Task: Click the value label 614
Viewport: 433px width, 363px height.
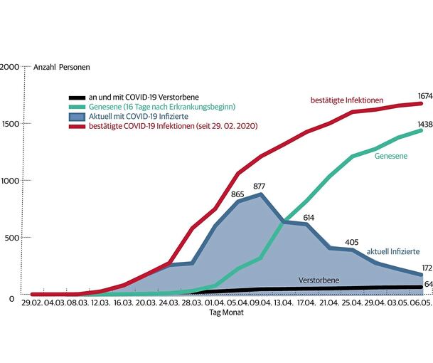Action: click(x=309, y=217)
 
